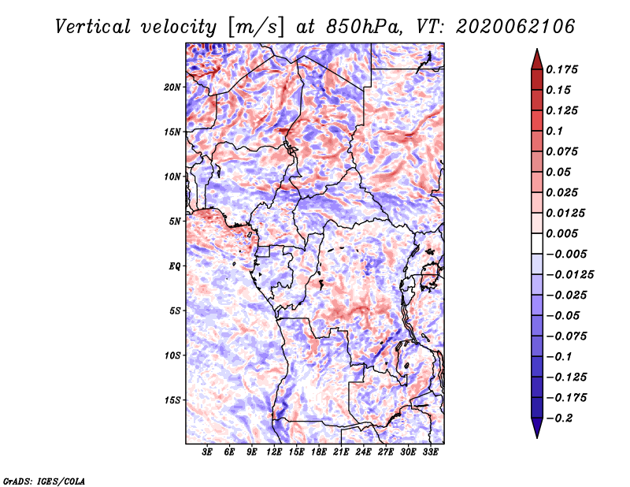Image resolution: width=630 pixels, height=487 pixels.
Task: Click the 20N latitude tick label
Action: [172, 87]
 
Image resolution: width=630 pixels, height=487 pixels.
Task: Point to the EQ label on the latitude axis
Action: [174, 266]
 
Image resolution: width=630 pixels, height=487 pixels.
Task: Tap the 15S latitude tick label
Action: [172, 400]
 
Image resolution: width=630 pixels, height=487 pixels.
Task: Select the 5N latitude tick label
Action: [175, 221]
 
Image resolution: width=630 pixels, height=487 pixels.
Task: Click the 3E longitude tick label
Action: [207, 452]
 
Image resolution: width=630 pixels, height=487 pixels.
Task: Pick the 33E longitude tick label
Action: [430, 452]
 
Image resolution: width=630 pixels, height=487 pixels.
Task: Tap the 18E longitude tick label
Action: [319, 452]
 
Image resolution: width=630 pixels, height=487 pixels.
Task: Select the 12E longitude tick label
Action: [274, 452]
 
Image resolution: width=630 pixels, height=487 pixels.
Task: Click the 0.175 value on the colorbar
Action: [561, 69]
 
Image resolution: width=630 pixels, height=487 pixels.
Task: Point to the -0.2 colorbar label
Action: [559, 418]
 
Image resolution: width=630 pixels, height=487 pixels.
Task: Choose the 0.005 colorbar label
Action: [561, 233]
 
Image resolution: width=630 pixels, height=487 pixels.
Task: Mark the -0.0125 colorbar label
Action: [569, 275]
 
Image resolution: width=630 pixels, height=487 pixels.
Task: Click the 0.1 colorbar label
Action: [554, 131]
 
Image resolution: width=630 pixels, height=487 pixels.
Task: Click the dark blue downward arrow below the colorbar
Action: [537, 428]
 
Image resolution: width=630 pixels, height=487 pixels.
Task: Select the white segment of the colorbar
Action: [537, 243]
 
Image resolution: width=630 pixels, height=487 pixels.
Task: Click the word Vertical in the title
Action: [93, 27]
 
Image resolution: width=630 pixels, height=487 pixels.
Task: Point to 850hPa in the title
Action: [364, 27]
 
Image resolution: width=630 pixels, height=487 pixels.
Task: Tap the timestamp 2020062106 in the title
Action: [516, 27]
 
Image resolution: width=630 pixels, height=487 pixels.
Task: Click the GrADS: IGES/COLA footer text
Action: [44, 481]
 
